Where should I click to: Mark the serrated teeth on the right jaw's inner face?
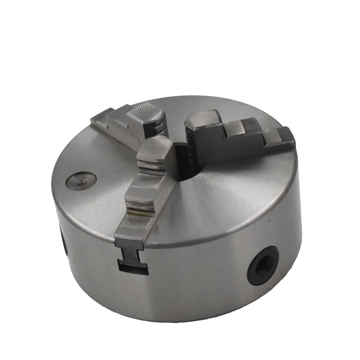point(191,151)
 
